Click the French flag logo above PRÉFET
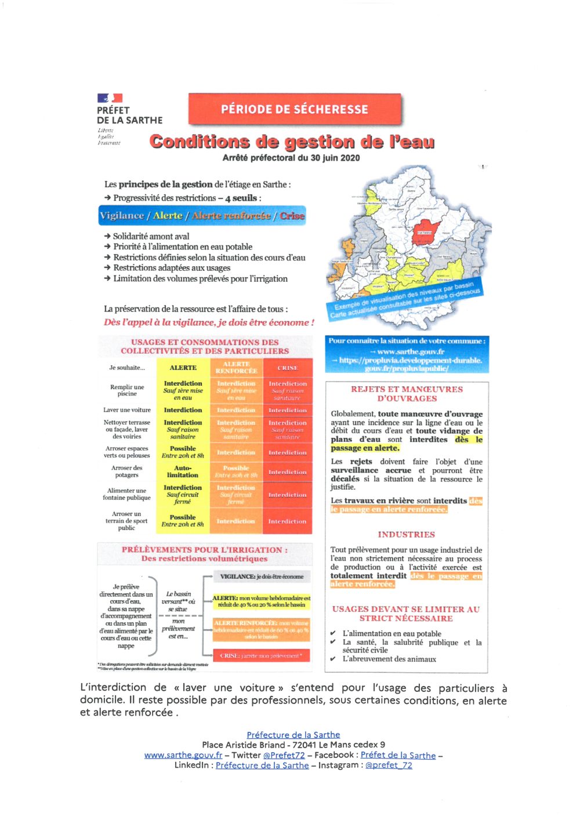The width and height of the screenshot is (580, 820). (110, 98)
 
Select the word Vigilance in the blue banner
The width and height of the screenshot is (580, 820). (122, 216)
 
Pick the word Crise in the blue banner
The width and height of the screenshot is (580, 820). (292, 216)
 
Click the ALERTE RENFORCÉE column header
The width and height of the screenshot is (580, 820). (236, 368)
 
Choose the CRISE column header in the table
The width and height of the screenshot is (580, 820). (288, 368)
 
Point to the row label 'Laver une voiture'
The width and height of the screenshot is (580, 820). (127, 410)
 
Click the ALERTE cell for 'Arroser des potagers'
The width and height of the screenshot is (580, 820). (183, 471)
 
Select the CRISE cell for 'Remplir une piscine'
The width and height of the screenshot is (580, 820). (288, 391)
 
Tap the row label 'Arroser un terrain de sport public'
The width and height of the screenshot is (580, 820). (126, 521)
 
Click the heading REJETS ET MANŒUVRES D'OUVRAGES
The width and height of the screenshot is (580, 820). (407, 394)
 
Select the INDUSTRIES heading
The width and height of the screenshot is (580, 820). (406, 535)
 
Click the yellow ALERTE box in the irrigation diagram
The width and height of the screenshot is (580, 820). (261, 601)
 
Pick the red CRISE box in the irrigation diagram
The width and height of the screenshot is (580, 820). (261, 656)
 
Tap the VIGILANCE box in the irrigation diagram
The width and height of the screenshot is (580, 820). (262, 576)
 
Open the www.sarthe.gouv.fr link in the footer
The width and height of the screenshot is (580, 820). (183, 755)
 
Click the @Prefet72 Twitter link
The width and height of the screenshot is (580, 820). (284, 755)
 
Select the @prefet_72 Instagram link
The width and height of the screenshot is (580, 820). (389, 765)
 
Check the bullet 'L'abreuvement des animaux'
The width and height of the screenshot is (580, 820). (389, 659)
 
